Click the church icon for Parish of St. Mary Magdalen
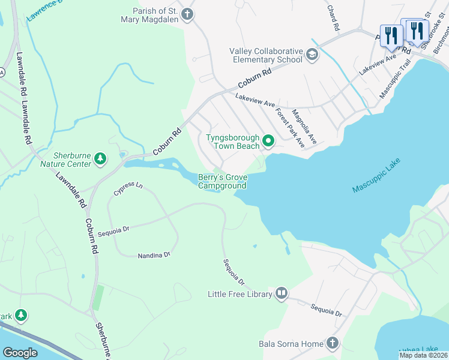coord(188,14)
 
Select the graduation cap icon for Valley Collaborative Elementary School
coord(312,55)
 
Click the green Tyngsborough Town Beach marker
coord(268,142)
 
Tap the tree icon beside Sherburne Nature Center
coord(100,160)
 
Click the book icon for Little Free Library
coord(281,293)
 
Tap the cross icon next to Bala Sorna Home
coord(332,343)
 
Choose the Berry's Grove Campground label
coord(222,181)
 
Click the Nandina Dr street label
coord(154,255)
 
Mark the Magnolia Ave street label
coord(304,127)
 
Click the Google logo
coord(20,352)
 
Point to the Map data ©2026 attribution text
coord(423,355)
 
